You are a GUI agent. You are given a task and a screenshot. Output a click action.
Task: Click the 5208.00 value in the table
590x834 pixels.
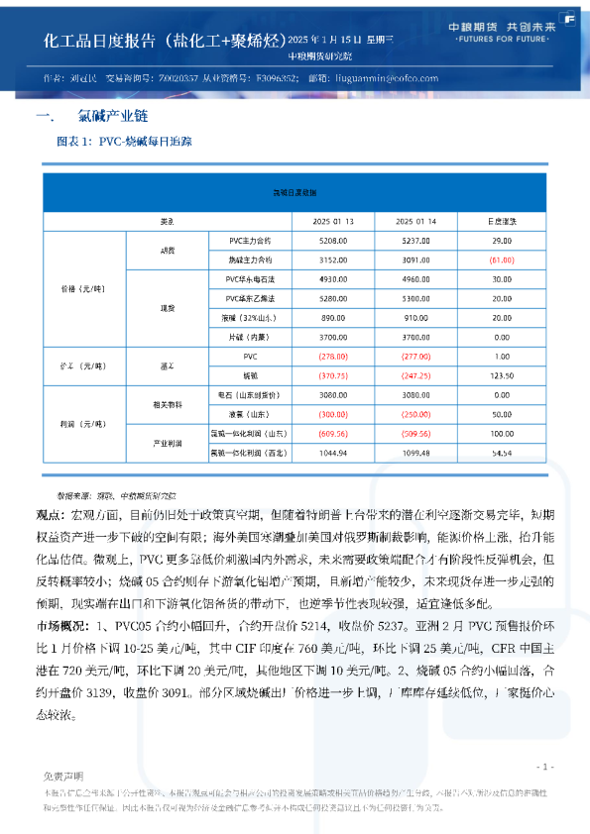[x=333, y=241]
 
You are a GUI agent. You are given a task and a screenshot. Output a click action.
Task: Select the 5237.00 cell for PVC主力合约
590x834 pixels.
[x=415, y=241]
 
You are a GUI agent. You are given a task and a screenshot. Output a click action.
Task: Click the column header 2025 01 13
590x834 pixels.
[x=334, y=221]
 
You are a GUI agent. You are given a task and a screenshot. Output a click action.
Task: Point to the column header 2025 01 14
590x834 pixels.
[x=415, y=221]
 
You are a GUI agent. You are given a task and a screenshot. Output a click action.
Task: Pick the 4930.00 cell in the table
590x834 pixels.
[x=333, y=279]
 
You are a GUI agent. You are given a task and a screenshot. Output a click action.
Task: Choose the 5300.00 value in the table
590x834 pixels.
[x=415, y=298]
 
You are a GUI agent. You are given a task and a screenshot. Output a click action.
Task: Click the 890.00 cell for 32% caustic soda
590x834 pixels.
[x=333, y=317]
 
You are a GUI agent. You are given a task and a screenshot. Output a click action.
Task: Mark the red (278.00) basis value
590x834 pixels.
[x=333, y=356]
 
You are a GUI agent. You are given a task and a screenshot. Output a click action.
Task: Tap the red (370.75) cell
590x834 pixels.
[x=333, y=375]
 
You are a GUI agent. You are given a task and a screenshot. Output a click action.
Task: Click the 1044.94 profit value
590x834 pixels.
[x=333, y=452]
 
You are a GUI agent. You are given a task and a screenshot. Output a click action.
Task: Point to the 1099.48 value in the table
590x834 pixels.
[x=415, y=452]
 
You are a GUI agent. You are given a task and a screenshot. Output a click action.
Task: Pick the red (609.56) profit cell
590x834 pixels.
[x=333, y=433]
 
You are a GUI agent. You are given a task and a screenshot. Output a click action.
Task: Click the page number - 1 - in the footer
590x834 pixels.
[x=543, y=767]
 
